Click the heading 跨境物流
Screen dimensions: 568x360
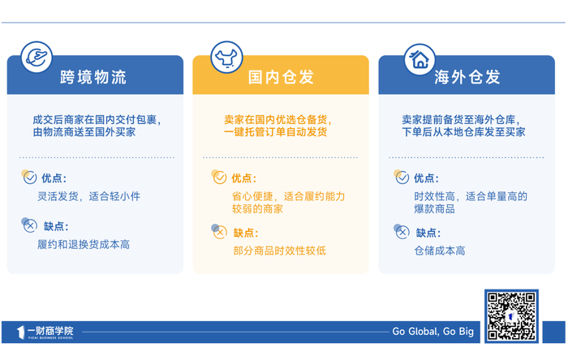pos(93,77)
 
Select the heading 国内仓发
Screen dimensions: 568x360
pos(281,77)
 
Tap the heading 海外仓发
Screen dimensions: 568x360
pos(467,77)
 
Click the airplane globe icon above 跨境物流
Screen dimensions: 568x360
pos(37,58)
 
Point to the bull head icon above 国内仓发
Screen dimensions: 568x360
pos(226,58)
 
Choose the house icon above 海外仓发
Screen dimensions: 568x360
pos(420,59)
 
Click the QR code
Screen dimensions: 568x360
pos(511,316)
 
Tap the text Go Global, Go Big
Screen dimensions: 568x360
pos(432,332)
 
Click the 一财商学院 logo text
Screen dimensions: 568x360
pos(50,331)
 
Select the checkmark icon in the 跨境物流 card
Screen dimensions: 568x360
pos(29,177)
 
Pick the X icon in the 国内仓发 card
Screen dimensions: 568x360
pos(219,232)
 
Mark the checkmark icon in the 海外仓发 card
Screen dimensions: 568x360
pos(402,177)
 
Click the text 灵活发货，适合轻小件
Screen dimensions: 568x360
pos(88,196)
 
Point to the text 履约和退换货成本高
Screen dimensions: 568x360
pos(84,245)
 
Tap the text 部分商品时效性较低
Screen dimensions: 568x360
pos(280,251)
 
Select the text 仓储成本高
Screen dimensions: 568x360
pos(440,251)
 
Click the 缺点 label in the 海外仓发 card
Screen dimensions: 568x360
pos(428,233)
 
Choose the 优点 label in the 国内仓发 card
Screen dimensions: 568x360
pos(243,178)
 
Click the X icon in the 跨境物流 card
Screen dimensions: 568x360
pos(29,225)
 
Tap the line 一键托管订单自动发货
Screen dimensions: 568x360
pos(275,132)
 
